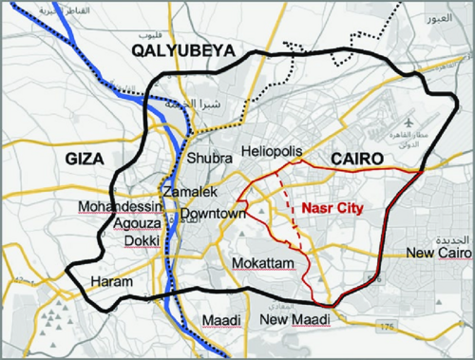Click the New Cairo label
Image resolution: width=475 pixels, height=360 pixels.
tap(432, 253)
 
